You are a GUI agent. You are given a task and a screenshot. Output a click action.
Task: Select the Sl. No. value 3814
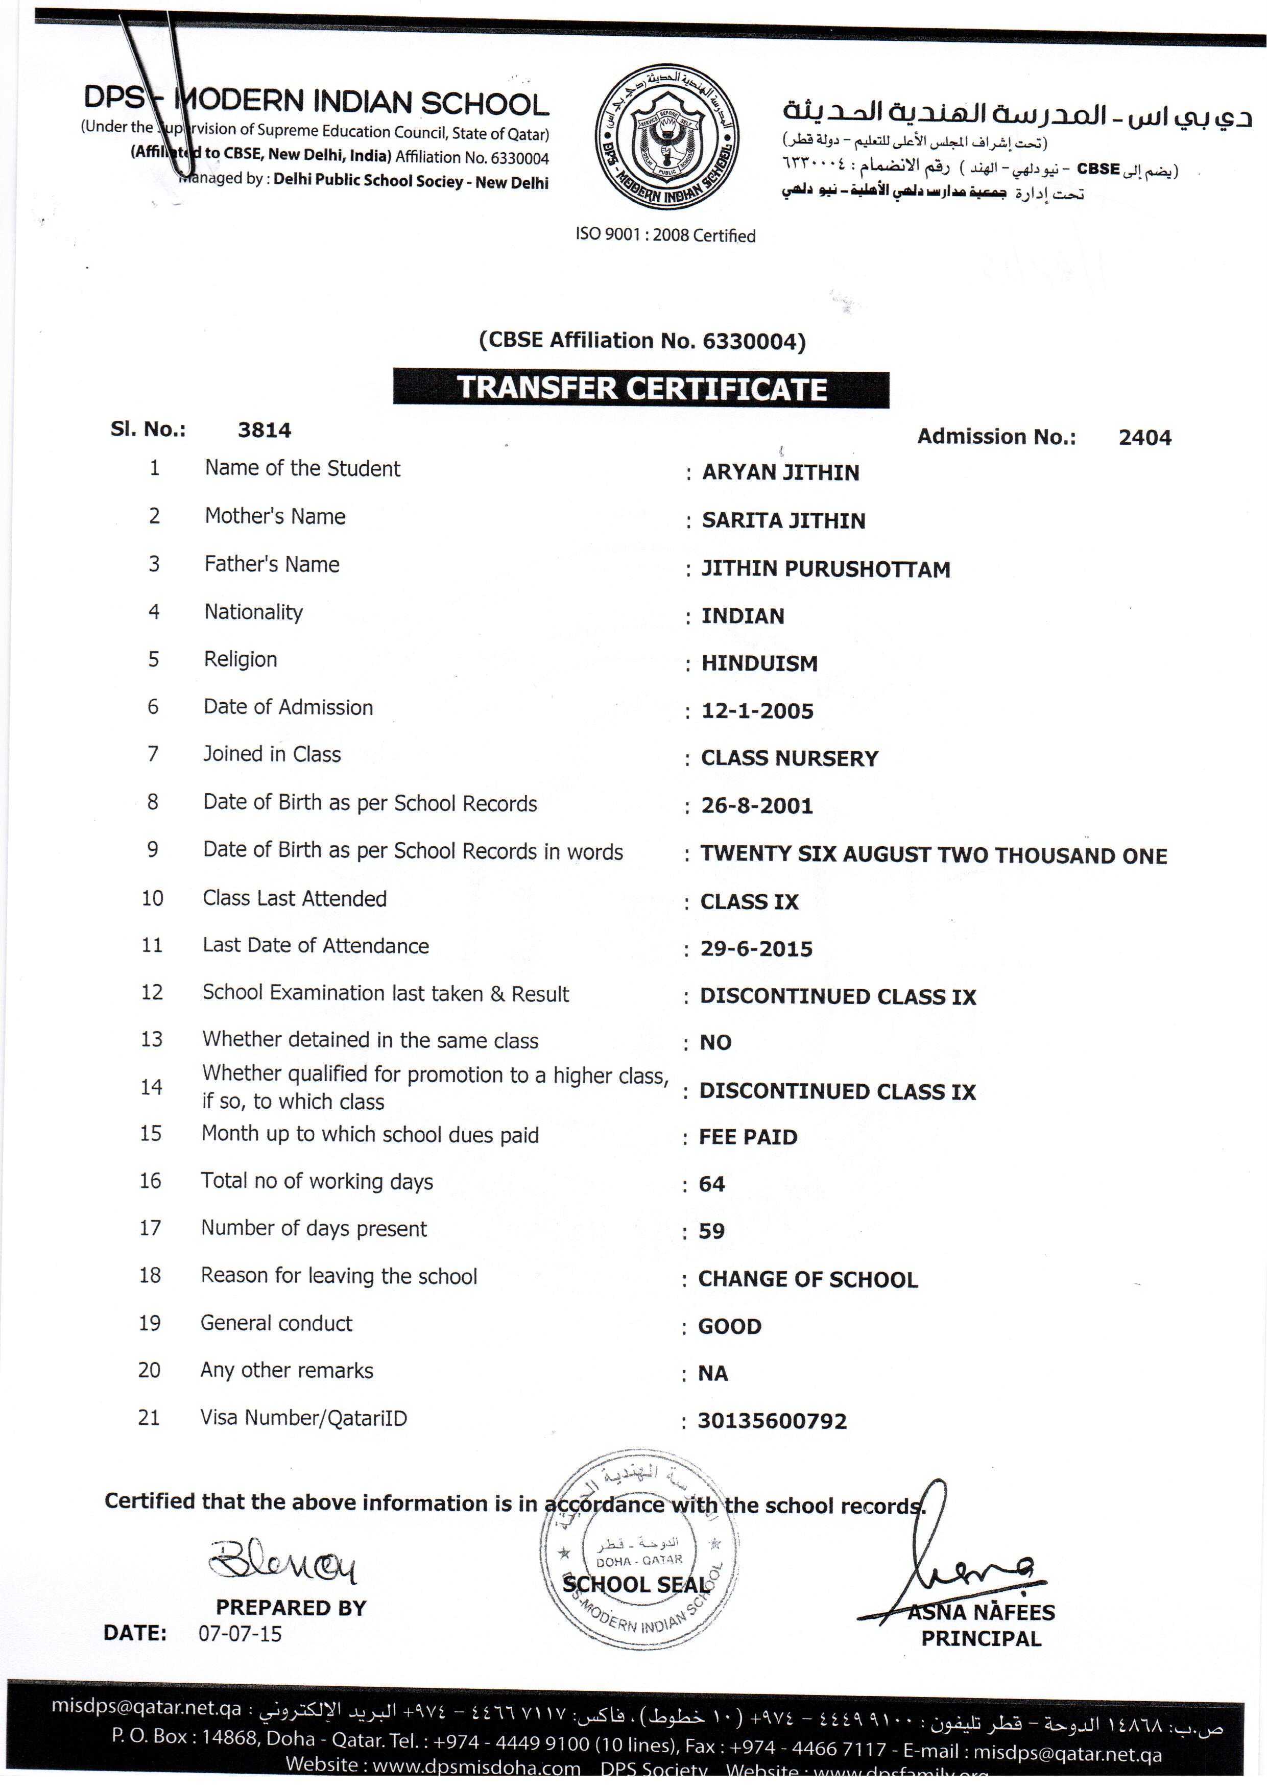point(265,431)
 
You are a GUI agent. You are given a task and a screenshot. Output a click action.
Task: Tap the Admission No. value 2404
point(1144,438)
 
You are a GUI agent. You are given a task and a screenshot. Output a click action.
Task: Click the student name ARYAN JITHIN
point(780,473)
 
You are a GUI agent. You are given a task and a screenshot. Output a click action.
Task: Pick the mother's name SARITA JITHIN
point(783,521)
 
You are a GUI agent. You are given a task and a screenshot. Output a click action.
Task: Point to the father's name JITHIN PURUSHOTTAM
point(825,569)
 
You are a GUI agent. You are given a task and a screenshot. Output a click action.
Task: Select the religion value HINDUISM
point(759,664)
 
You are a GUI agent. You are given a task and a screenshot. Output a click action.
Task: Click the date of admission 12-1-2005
point(757,711)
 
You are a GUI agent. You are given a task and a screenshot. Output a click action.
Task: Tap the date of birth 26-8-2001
point(757,806)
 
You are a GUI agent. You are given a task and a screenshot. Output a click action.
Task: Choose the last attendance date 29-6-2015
point(756,949)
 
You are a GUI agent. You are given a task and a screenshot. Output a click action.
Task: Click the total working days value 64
point(711,1184)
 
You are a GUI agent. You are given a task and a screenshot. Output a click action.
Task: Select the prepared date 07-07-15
point(240,1633)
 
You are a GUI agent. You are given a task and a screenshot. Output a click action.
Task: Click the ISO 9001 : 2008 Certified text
point(665,235)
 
